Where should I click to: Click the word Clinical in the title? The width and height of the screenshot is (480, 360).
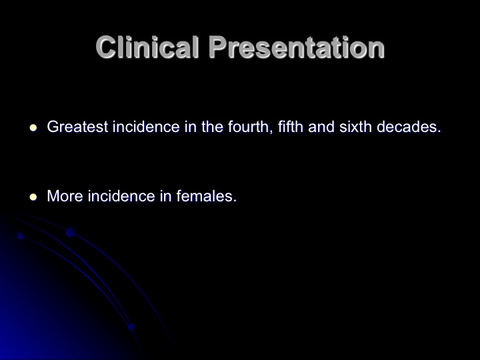(x=148, y=47)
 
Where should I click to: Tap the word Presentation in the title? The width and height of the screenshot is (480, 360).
(x=296, y=47)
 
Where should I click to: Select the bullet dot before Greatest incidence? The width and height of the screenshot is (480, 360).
(x=33, y=127)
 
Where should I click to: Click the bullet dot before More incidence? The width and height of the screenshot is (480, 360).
(x=33, y=197)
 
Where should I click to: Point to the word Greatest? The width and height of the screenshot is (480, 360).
(x=77, y=127)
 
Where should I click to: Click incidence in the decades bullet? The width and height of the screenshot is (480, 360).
(x=146, y=127)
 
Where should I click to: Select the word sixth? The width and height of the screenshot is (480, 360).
(x=355, y=127)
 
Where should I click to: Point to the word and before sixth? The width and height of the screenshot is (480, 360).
(x=321, y=127)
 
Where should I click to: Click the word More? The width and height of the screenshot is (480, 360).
(x=65, y=196)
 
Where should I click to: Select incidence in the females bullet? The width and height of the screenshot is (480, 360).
(x=121, y=196)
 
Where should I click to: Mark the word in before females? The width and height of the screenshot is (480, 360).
(x=165, y=196)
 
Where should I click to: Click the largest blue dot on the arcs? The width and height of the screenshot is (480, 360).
(x=71, y=233)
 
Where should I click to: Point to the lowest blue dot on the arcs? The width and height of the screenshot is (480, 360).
(x=131, y=327)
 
